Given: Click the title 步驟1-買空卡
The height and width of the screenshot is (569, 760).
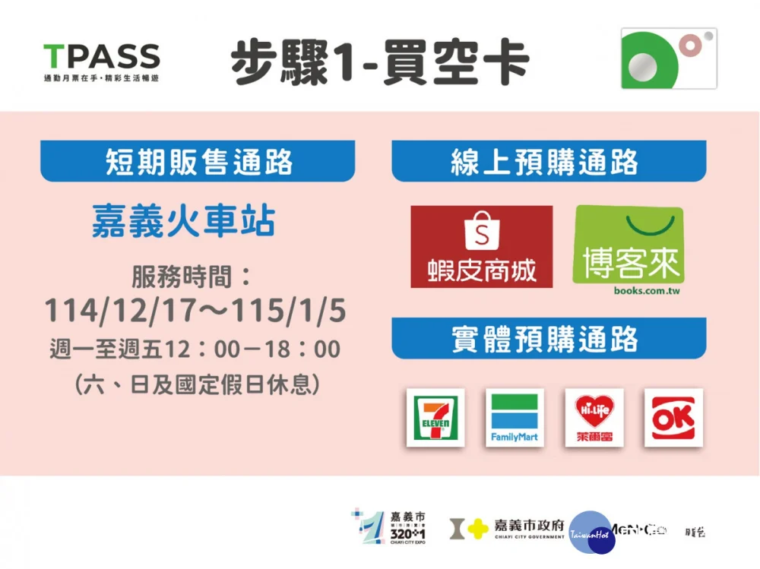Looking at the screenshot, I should [380, 63].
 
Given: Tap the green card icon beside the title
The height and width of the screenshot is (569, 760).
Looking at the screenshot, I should [668, 58].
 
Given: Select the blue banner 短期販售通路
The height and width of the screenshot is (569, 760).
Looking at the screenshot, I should [198, 162].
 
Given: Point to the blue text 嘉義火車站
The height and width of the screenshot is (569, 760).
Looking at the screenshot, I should [183, 221].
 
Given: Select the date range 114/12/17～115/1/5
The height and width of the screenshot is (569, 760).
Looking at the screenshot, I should [195, 311].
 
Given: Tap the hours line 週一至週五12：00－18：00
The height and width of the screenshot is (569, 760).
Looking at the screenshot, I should [195, 349].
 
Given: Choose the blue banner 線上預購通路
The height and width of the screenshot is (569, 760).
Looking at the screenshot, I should [549, 162].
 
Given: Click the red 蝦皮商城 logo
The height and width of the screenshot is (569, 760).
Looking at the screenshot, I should [481, 247].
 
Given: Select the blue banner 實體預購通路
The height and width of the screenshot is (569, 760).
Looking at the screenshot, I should [549, 339].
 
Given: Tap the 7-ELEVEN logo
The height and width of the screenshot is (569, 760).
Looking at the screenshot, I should [435, 417].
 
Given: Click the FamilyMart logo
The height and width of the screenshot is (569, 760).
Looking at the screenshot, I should [515, 417].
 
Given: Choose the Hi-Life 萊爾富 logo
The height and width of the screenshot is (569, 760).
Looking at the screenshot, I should [594, 417].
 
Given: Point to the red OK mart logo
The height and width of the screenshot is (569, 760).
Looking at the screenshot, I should [673, 417].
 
